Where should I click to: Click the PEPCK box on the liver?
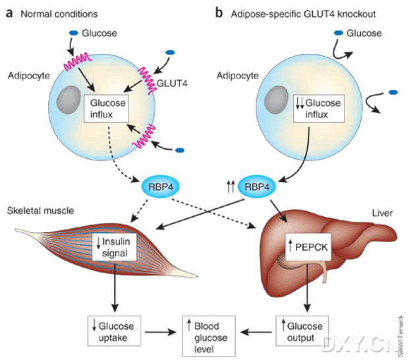308,247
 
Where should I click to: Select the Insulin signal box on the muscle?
114,247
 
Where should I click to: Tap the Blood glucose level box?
209,336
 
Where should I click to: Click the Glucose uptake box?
114,331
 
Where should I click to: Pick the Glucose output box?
302,331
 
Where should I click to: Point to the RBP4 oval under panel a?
160,187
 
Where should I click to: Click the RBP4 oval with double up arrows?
256,187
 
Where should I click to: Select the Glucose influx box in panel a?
106,108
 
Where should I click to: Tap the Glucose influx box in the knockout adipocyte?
319,108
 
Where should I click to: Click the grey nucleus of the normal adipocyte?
69,100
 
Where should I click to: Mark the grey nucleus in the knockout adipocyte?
276,100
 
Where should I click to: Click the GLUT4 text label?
172,84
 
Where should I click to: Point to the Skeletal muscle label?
40,211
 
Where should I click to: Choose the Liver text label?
382,213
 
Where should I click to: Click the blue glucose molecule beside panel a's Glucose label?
74,33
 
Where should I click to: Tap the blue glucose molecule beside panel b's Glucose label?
339,33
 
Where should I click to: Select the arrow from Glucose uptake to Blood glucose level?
161,332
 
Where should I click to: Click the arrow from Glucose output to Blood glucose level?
256,332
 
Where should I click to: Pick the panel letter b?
219,13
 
